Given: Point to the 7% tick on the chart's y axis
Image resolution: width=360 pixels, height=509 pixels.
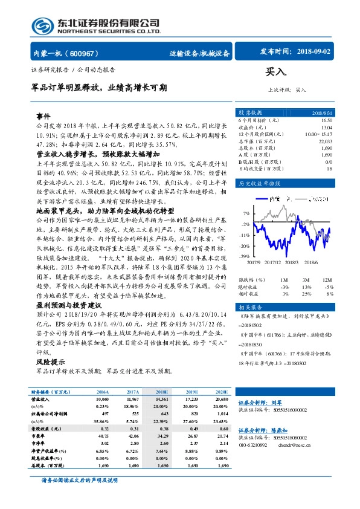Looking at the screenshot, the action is [x=246, y=213].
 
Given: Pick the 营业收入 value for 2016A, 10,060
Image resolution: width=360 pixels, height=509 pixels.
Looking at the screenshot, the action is [x=103, y=400].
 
